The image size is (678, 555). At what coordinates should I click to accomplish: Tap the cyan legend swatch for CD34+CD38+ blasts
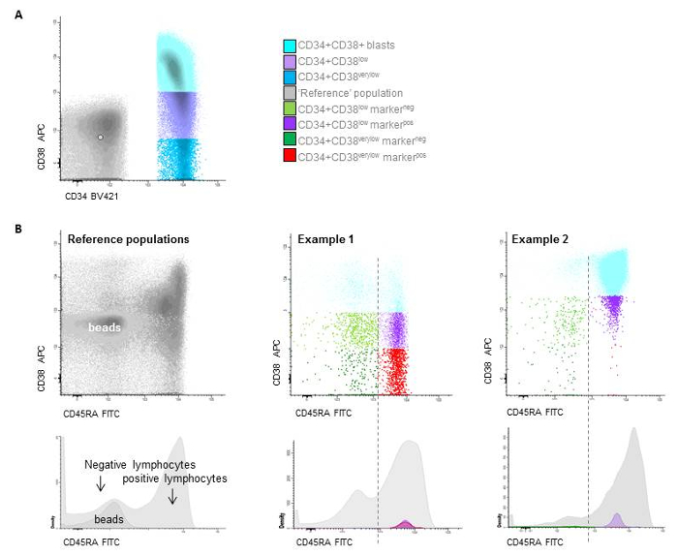coord(290,46)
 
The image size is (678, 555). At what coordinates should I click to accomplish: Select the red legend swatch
coord(290,155)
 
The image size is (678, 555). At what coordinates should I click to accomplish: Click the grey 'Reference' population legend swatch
coord(290,93)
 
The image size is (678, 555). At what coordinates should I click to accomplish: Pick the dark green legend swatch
coord(290,139)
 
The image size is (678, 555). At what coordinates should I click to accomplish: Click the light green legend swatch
coord(290,108)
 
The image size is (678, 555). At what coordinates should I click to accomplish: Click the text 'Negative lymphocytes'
coord(128,464)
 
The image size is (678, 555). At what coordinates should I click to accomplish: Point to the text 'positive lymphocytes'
coord(175,478)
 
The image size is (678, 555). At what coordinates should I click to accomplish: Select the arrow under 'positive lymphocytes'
coord(172,496)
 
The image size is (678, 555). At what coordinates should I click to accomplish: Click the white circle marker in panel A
coord(99,137)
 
